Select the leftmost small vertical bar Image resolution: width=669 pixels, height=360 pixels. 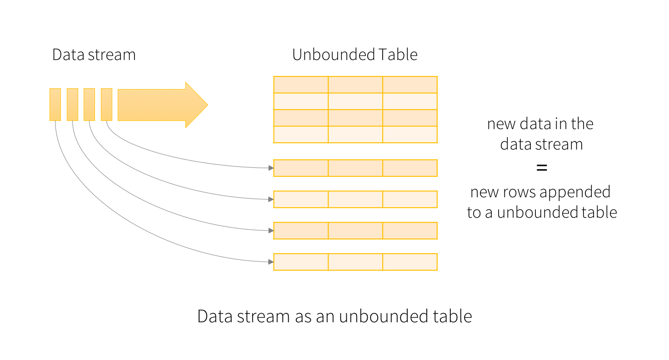[55, 105]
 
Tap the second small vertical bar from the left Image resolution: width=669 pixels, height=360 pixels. [72, 105]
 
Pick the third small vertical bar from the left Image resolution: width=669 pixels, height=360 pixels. [89, 105]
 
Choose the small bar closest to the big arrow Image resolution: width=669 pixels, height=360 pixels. [106, 105]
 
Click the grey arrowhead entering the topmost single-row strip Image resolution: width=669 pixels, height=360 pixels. [271, 168]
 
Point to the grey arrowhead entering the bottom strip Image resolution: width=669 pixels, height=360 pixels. [271, 262]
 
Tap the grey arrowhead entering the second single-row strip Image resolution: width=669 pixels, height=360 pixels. [271, 199]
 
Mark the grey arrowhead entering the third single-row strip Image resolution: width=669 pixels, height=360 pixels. [271, 230]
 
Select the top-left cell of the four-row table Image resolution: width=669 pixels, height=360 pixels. [301, 85]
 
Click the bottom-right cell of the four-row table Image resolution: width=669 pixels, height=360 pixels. [410, 135]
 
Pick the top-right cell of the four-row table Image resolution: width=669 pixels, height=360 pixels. [410, 85]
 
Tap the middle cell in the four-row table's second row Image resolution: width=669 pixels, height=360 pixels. [355, 101]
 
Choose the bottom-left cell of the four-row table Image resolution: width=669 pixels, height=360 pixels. [301, 135]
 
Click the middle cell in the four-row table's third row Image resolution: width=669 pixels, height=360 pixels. [355, 118]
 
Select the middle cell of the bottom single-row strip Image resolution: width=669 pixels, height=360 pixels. [355, 262]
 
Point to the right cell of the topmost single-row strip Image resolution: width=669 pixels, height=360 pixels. [410, 168]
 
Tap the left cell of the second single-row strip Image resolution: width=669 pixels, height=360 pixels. [301, 199]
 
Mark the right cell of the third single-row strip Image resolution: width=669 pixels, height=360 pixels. [410, 230]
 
